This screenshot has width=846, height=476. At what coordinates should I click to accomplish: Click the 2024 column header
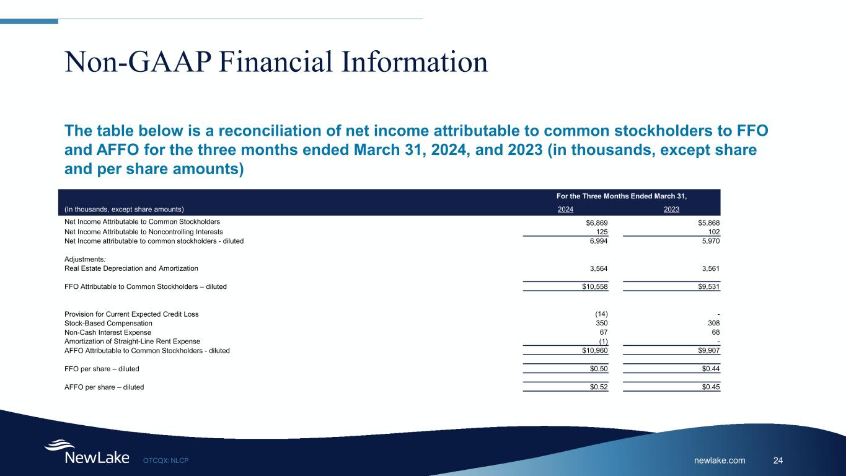click(565, 209)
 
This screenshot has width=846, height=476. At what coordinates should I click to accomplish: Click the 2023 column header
click(671, 209)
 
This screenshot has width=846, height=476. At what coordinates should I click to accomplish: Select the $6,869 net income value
click(597, 223)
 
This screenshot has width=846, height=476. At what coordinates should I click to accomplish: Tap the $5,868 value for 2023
click(709, 223)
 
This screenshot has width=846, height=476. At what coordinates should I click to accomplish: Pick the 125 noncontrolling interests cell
click(602, 232)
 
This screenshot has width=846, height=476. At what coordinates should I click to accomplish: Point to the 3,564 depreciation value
click(599, 268)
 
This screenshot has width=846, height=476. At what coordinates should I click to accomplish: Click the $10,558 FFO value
click(595, 287)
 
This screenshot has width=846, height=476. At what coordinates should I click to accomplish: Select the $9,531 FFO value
click(709, 287)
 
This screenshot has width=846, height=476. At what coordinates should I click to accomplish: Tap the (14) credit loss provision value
click(602, 314)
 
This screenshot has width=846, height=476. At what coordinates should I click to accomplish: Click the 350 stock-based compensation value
click(602, 323)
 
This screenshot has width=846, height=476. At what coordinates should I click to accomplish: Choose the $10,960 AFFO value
click(595, 351)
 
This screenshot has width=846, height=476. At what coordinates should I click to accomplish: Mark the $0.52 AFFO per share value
click(599, 387)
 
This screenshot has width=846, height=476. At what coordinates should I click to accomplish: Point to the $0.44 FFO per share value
click(711, 369)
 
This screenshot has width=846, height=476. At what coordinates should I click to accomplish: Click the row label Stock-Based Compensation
click(108, 324)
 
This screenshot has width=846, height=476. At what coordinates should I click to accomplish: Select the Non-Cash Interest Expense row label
click(108, 332)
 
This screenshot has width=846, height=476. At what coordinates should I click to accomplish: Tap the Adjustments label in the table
click(85, 259)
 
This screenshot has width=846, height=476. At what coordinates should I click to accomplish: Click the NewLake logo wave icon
click(59, 444)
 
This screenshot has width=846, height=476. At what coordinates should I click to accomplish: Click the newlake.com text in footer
click(720, 461)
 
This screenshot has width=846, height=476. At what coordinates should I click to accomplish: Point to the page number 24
click(778, 461)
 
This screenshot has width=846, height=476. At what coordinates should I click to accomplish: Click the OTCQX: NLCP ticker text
click(166, 461)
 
